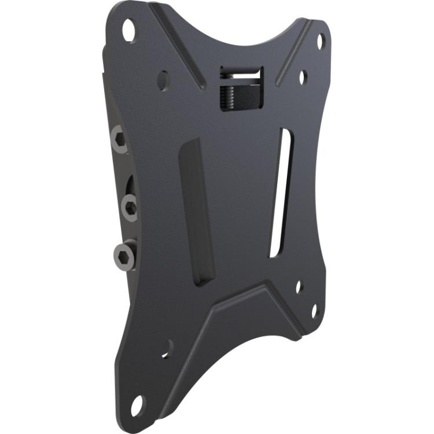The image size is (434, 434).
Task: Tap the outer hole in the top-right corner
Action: coord(321,41)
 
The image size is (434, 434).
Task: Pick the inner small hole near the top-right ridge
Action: coord(303,76)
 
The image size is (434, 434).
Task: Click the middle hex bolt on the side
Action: coord(130,206)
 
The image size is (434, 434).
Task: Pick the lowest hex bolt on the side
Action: coord(124,255)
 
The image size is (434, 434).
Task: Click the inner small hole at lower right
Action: coord(299,286)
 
